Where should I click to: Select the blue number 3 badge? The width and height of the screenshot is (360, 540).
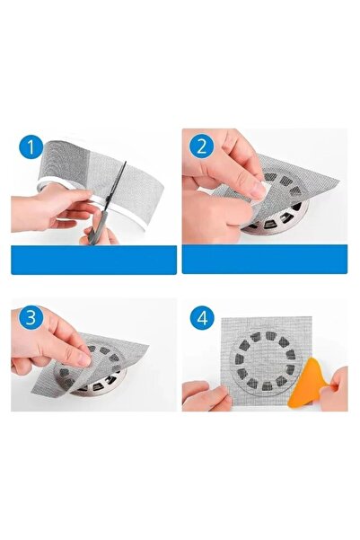coord(31,317)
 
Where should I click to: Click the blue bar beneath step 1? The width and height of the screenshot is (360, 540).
coord(93,260)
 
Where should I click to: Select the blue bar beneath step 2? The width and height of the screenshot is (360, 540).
coord(264,260)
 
